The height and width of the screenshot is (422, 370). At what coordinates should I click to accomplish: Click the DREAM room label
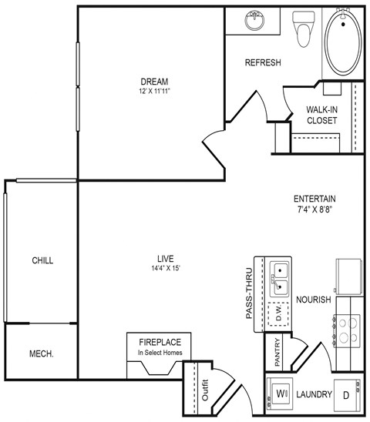(155, 82)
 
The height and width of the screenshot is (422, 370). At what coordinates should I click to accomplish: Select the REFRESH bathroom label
(263, 63)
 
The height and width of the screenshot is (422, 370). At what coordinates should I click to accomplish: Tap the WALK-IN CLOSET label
(320, 115)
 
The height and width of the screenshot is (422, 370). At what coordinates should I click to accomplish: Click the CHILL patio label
(42, 260)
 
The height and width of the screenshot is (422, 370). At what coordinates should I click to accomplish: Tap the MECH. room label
(40, 355)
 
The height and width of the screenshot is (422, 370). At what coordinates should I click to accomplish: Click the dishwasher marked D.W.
(278, 314)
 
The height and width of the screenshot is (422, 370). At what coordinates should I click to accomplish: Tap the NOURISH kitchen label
(314, 300)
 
